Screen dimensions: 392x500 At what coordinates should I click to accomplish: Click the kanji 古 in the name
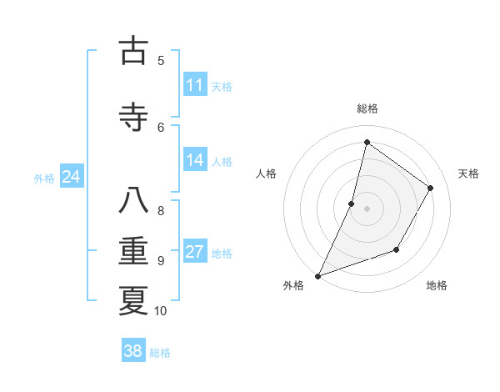pyautogui.click(x=133, y=51)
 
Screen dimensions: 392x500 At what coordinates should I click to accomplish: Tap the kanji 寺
pyautogui.click(x=133, y=117)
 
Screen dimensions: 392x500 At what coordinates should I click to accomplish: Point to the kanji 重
pyautogui.click(x=133, y=251)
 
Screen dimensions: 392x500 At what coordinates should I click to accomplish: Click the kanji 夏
pyautogui.click(x=133, y=299)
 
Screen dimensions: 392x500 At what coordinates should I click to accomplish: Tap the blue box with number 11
pyautogui.click(x=194, y=85)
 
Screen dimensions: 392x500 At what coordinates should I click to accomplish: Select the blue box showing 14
pyautogui.click(x=194, y=160)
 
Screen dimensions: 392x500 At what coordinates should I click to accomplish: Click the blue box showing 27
pyautogui.click(x=194, y=252)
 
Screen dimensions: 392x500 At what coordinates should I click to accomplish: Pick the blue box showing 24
pyautogui.click(x=71, y=177)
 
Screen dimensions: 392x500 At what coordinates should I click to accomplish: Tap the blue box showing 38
pyautogui.click(x=132, y=351)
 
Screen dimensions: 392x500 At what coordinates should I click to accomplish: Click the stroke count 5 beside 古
pyautogui.click(x=161, y=60)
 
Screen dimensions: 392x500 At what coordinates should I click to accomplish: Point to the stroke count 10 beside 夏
pyautogui.click(x=161, y=311)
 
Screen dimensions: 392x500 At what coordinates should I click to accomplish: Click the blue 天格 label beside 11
pyautogui.click(x=222, y=86)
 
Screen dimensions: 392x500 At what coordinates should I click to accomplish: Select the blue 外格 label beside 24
pyautogui.click(x=44, y=178)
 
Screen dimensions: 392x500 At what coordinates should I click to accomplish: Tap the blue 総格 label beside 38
pyautogui.click(x=160, y=352)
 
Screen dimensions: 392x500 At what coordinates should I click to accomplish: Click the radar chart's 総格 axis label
pyautogui.click(x=367, y=108)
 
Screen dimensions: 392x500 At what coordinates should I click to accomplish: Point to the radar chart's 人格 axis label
pyautogui.click(x=266, y=173)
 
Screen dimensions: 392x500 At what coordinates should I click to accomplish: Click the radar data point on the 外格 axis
pyautogui.click(x=317, y=275)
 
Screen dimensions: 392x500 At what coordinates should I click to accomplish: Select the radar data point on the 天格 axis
pyautogui.click(x=431, y=188)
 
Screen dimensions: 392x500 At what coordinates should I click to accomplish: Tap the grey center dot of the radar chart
pyautogui.click(x=367, y=208)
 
